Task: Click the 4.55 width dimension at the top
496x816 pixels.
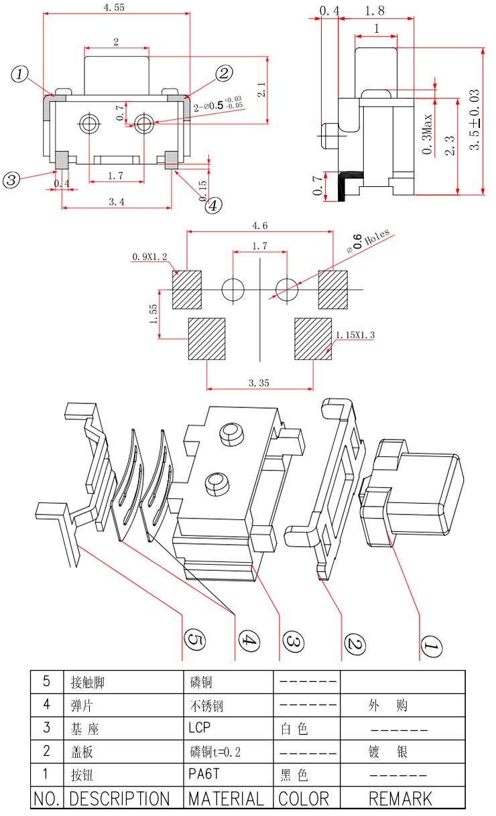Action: pyautogui.click(x=113, y=7)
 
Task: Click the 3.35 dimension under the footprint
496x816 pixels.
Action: pyautogui.click(x=259, y=383)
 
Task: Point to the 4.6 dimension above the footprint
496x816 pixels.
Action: pyautogui.click(x=259, y=225)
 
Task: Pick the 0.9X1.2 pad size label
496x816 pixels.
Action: pyautogui.click(x=149, y=257)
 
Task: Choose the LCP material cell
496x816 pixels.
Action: pyautogui.click(x=200, y=728)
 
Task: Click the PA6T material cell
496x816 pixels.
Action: pyautogui.click(x=204, y=774)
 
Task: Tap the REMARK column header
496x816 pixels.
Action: pyautogui.click(x=400, y=799)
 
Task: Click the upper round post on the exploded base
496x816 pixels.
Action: pyautogui.click(x=231, y=434)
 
